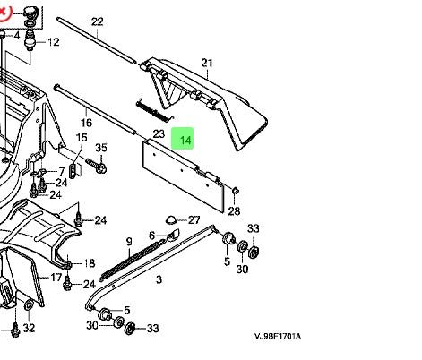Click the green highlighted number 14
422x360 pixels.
coord(185,141)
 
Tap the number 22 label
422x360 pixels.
coord(98,21)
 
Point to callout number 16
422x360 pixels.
coord(87,123)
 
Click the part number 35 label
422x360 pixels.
coord(100,148)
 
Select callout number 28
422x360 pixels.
coord(234,211)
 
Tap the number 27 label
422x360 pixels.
coord(194,219)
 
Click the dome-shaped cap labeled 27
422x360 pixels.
coord(170,219)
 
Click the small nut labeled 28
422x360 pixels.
coord(234,190)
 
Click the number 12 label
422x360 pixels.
coord(53,42)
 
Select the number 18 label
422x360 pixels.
coord(89,263)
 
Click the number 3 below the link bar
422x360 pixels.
coord(159,280)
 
